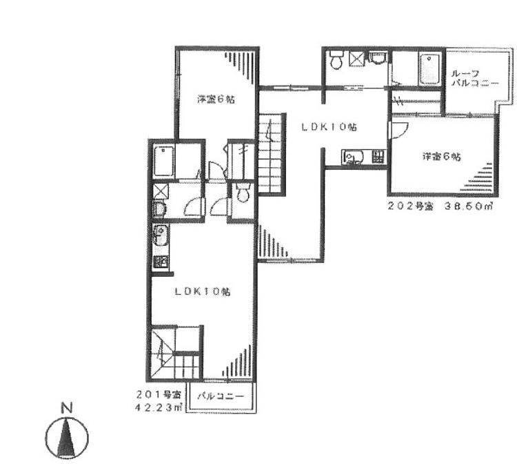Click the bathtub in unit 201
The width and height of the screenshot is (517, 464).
(164, 161)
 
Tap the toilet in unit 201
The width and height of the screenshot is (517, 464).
(243, 193)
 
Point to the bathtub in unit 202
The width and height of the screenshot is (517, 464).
(430, 68)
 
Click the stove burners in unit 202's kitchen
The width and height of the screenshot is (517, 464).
(378, 156)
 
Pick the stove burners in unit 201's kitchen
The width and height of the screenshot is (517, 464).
(161, 262)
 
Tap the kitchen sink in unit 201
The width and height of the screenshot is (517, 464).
(161, 235)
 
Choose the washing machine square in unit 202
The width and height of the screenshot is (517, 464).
(357, 59)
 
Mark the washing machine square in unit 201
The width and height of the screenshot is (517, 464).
(161, 191)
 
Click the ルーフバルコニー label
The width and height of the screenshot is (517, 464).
(474, 79)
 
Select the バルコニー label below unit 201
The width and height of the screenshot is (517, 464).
(221, 396)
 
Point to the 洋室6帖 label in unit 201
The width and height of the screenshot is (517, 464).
(216, 99)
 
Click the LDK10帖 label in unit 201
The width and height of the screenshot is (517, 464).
(203, 291)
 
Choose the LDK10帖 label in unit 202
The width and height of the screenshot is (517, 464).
(329, 127)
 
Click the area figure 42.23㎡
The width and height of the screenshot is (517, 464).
(159, 408)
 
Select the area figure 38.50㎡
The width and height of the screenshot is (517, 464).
(469, 206)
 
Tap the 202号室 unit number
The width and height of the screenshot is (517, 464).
(410, 206)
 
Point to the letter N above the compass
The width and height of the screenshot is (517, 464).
(67, 409)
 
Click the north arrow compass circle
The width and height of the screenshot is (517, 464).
(45, 438)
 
